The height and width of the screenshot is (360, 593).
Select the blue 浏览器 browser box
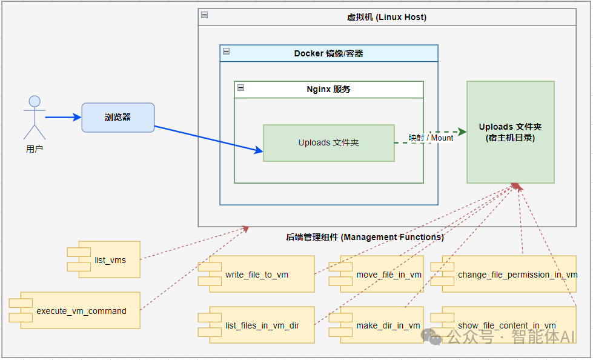pyautogui.click(x=118, y=118)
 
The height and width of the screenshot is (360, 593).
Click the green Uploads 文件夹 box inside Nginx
pyautogui.click(x=328, y=143)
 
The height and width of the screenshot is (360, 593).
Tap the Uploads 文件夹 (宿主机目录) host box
pyautogui.click(x=510, y=132)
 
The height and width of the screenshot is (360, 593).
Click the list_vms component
pyautogui.click(x=110, y=259)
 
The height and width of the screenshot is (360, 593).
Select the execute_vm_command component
pyautogui.click(x=81, y=311)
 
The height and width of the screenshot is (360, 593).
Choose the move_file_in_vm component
pyautogui.click(x=388, y=275)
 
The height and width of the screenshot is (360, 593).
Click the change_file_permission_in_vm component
pyautogui.click(x=509, y=275)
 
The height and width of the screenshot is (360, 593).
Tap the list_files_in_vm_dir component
pyautogui.click(x=262, y=325)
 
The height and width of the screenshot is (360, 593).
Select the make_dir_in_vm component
pyautogui.click(x=388, y=325)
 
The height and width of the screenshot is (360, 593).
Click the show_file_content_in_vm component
pyautogui.click(x=506, y=325)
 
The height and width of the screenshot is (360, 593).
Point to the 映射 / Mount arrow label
pyautogui.click(x=431, y=138)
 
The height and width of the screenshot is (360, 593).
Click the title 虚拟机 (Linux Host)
pyautogui.click(x=386, y=17)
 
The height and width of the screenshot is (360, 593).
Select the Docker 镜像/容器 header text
pyautogui.click(x=328, y=53)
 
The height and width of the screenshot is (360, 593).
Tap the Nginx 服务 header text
pyautogui.click(x=328, y=89)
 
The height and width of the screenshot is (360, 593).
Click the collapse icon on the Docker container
pyautogui.click(x=226, y=52)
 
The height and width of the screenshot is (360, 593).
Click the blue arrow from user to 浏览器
pyautogui.click(x=63, y=117)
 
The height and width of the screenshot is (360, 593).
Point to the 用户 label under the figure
pyautogui.click(x=35, y=149)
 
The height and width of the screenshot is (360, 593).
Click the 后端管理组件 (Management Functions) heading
pyautogui.click(x=365, y=237)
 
